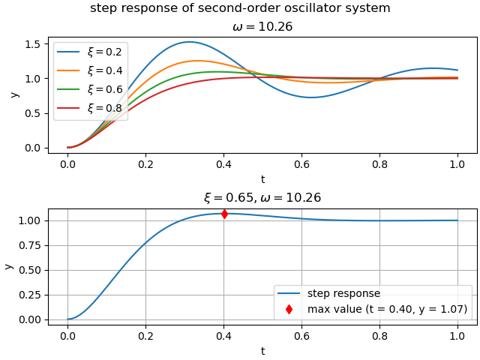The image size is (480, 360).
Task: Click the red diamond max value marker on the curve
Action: (x=224, y=214)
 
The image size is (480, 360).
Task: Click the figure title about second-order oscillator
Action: (x=240, y=8)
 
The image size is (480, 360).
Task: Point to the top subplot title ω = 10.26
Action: (x=262, y=27)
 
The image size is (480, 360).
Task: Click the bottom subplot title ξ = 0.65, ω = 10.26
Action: (x=262, y=198)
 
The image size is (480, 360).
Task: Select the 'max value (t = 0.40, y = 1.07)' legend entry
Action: (x=387, y=309)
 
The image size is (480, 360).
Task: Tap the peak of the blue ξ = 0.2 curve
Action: (x=190, y=42)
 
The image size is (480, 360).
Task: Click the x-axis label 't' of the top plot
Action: (x=262, y=179)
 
